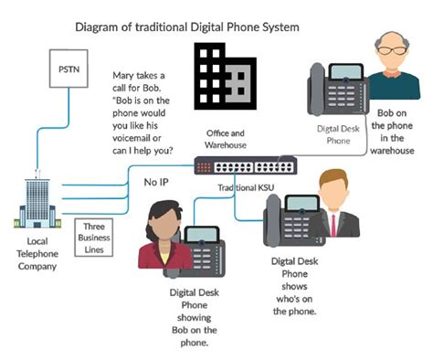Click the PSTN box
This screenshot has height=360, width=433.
tap(69, 69)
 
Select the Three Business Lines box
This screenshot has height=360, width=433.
tap(94, 238)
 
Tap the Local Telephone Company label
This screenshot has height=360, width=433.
tap(37, 254)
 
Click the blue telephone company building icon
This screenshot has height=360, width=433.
tap(37, 203)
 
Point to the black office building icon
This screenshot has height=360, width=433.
tap(226, 76)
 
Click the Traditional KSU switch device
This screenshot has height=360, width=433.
tap(246, 165)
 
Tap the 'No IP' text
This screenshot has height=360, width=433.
tap(156, 182)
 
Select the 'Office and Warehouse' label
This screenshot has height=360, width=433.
tap(226, 139)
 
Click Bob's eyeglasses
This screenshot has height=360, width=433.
tap(392, 50)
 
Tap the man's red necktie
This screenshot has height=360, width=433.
tap(333, 226)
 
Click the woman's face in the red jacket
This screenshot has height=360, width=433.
tap(164, 225)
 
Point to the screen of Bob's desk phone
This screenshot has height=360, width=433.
tap(346, 72)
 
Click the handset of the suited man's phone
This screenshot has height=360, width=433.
tap(272, 219)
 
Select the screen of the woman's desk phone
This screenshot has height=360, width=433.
tap(202, 235)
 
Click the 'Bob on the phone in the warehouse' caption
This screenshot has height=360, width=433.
tap(392, 132)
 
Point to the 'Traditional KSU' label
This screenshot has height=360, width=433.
tap(246, 187)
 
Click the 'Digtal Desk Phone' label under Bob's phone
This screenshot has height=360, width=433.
tap(338, 134)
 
